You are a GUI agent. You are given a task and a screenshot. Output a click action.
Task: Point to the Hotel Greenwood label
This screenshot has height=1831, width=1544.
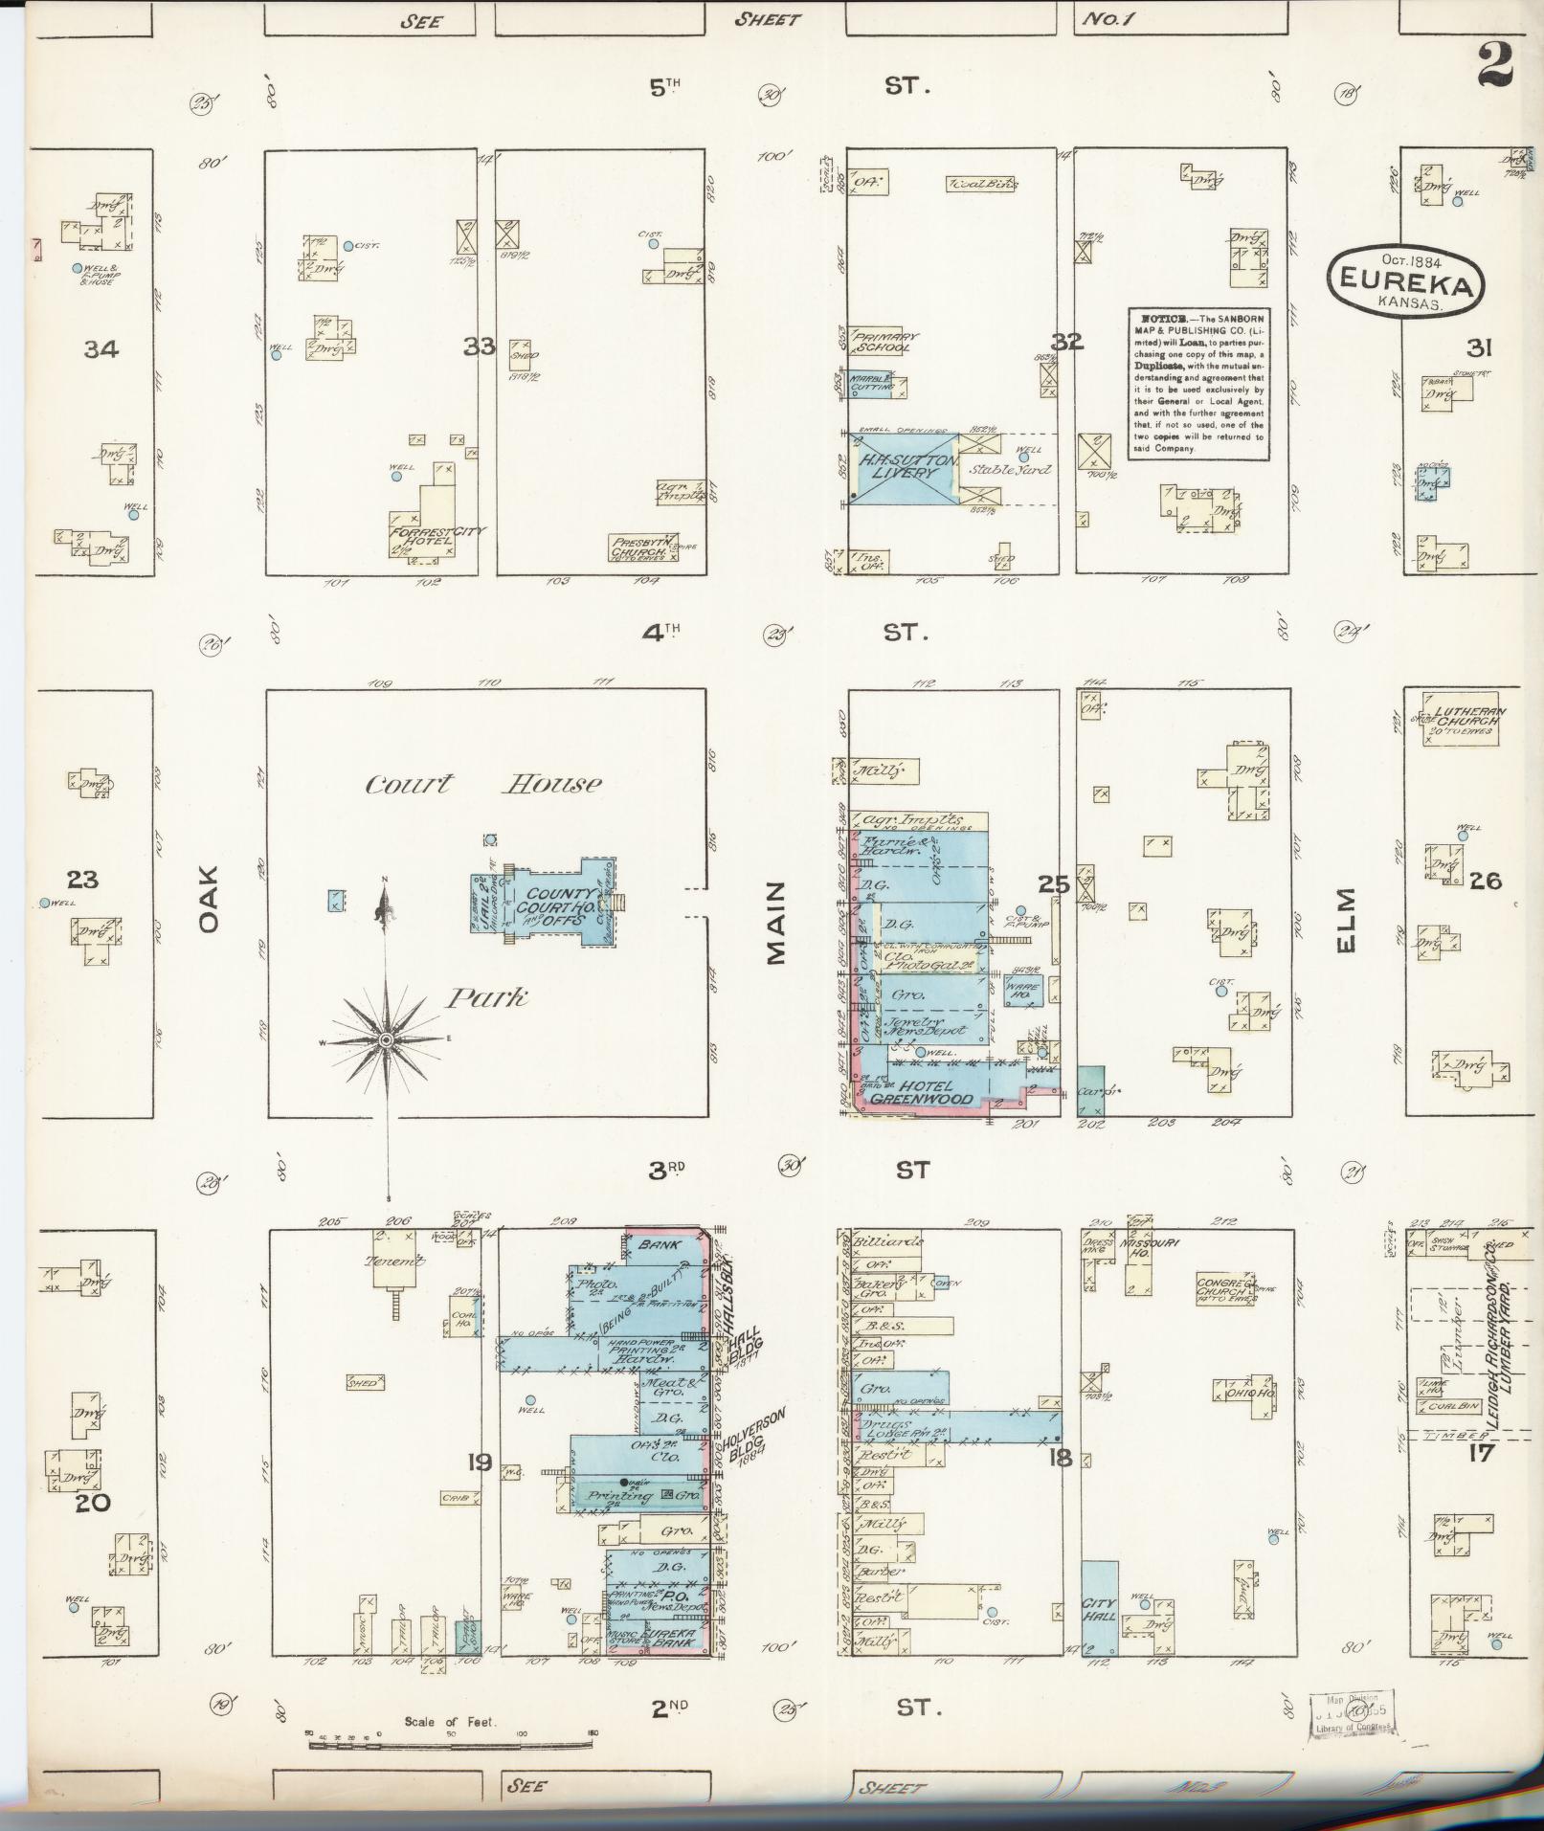(x=925, y=1093)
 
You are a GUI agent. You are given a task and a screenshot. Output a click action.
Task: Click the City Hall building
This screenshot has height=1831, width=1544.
(x=1100, y=1608)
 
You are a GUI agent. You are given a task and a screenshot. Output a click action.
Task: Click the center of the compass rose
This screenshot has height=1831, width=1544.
(x=385, y=1039)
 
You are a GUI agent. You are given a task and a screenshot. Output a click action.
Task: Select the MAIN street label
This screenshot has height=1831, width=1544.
(x=775, y=923)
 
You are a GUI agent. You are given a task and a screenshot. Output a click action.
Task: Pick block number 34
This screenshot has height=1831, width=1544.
(x=101, y=349)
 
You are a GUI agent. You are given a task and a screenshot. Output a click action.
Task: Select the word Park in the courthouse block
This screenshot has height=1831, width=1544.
(x=486, y=998)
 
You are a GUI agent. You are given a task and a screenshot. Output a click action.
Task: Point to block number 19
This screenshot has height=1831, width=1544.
(x=480, y=1462)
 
